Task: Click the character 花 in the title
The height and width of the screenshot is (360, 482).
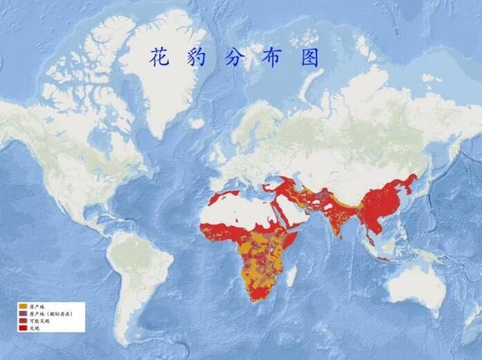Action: point(160,58)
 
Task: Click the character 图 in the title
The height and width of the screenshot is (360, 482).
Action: point(310,58)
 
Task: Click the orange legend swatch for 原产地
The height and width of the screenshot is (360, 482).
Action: point(24,306)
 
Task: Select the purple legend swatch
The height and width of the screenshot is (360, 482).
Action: point(24,313)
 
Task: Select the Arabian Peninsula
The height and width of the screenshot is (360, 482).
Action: point(294,211)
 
